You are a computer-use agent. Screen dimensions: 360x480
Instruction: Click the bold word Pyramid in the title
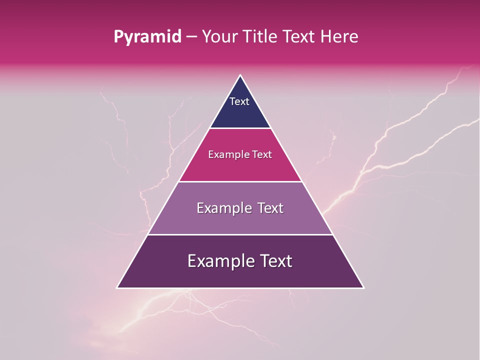(147, 37)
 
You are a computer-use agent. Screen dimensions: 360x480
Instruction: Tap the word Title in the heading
(259, 37)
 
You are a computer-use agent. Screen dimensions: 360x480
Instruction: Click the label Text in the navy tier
(239, 101)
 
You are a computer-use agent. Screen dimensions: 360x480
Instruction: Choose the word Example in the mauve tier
(223, 208)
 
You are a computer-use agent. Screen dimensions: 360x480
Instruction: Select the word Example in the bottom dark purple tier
(218, 261)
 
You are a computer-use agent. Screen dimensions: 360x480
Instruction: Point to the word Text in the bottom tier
(274, 261)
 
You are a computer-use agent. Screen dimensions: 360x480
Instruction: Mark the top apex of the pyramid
(240, 75)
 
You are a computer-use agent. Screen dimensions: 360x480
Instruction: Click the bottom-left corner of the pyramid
(118, 287)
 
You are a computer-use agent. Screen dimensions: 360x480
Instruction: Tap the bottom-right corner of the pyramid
(363, 287)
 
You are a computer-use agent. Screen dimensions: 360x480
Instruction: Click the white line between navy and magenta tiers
(240, 128)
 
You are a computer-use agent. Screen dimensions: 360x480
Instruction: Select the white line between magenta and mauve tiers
(240, 181)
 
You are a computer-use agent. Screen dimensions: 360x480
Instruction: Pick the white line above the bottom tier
(240, 234)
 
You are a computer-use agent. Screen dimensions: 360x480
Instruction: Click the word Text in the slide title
(298, 37)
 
